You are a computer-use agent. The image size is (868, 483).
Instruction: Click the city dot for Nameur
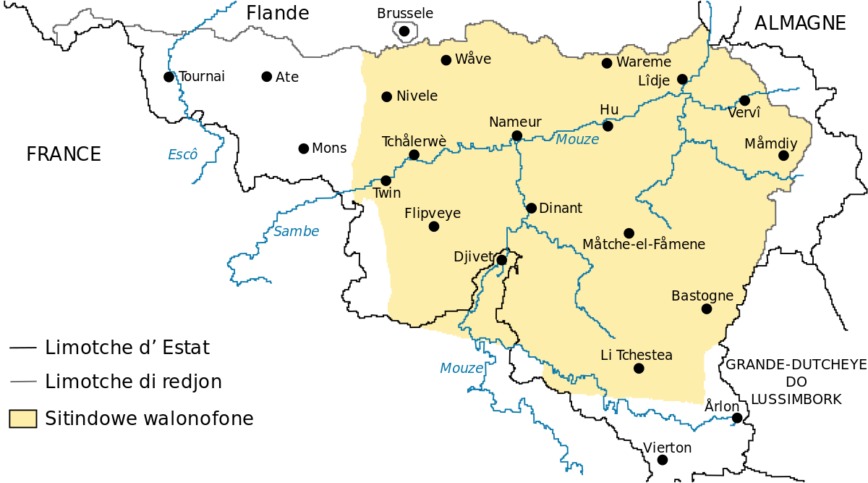coord(516,135)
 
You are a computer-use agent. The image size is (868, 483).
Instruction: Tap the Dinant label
coord(561,209)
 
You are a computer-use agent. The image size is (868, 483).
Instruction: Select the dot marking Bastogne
coord(707,308)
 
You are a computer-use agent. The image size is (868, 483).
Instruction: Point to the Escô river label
coord(182,154)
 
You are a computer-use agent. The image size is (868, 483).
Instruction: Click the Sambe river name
coord(296,232)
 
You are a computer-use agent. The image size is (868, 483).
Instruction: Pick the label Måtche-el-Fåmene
coord(643,245)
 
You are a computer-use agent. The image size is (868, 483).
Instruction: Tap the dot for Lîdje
coord(682,79)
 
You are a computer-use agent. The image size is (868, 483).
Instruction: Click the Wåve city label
coord(473,59)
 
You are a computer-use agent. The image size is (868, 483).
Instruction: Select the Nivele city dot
coord(387,96)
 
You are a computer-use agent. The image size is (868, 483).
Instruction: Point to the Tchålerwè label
coord(414,141)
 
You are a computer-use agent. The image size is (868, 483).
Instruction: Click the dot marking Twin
coord(386,180)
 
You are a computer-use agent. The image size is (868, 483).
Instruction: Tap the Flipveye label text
coord(433,214)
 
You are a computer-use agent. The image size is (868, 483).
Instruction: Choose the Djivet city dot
coord(501,259)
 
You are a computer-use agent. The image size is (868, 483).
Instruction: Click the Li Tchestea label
coord(637,355)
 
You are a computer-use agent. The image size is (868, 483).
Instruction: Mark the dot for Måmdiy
coord(783,155)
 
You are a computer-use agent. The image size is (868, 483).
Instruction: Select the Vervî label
coord(744,114)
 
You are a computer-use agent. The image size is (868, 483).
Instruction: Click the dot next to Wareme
coord(607,63)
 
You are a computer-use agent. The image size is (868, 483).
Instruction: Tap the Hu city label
coord(609,110)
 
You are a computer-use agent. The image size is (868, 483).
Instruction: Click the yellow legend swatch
coord(23,419)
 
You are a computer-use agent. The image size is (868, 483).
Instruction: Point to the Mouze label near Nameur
coord(577,139)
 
